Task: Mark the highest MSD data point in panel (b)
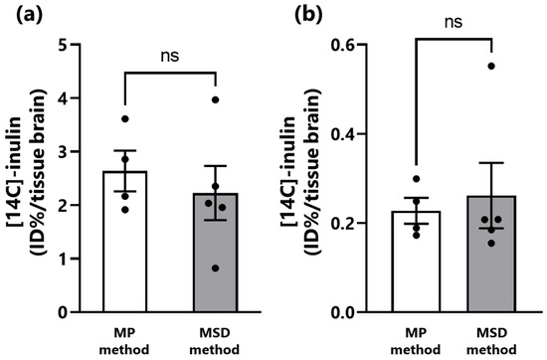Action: tap(490, 67)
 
